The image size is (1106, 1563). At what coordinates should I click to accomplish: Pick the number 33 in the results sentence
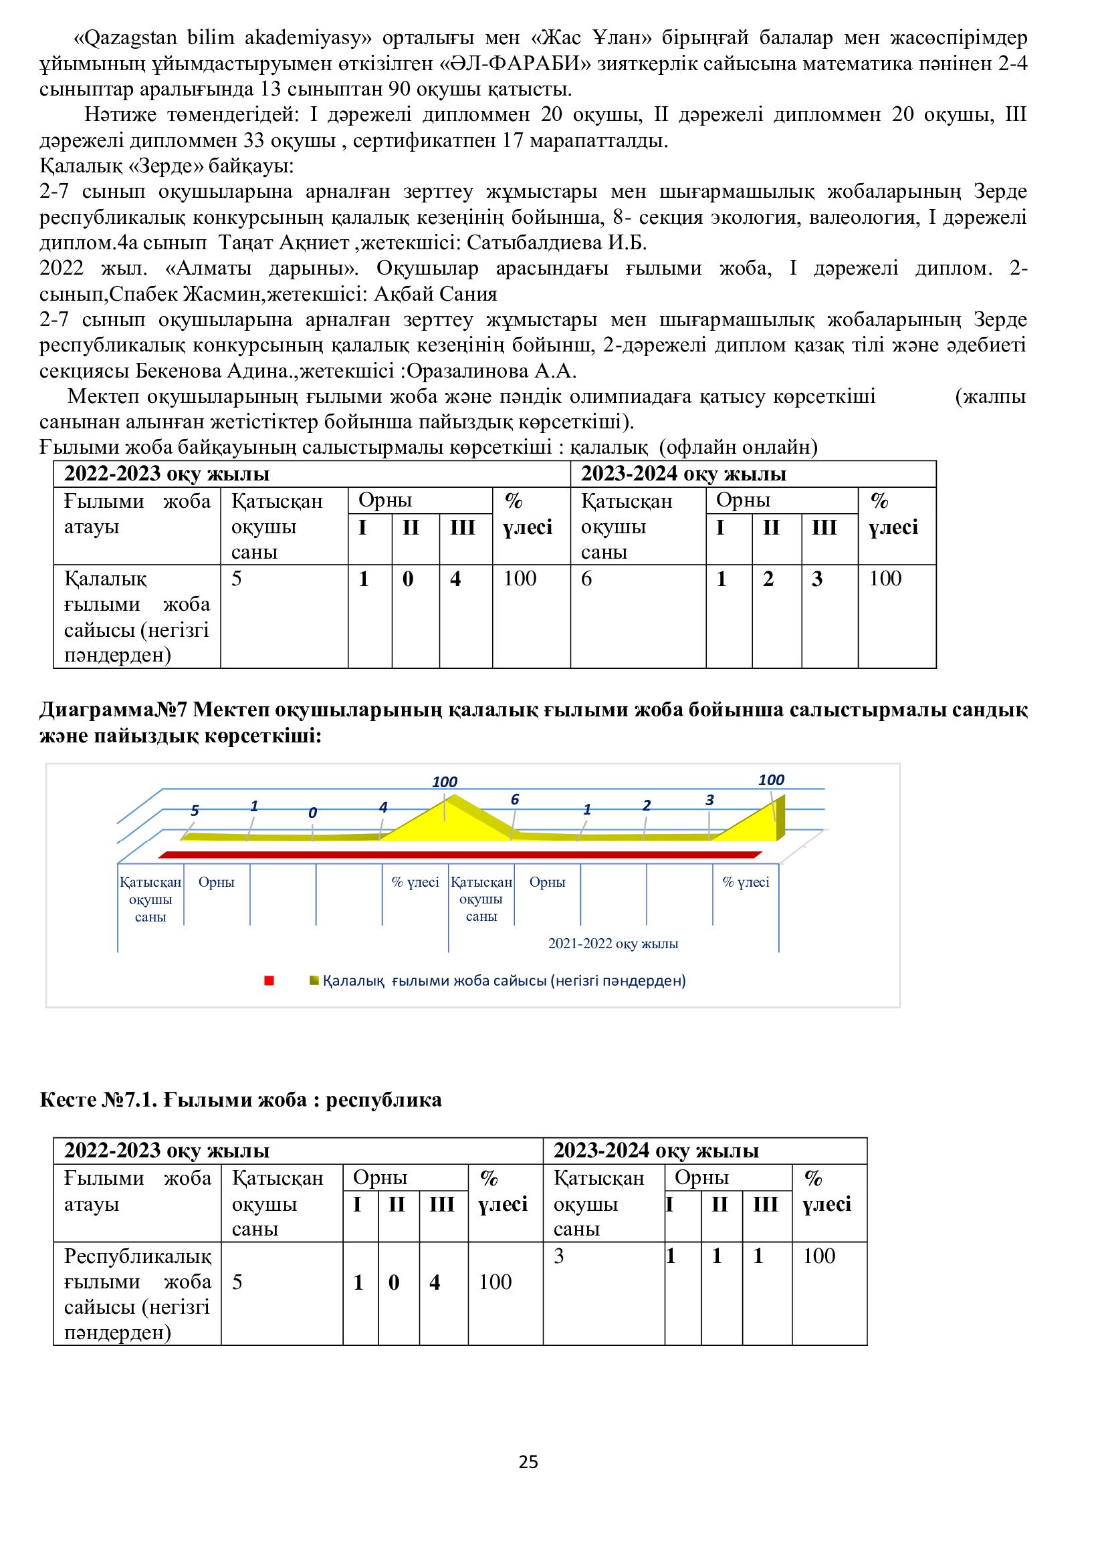tap(256, 141)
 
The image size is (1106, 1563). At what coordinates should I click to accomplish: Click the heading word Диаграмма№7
tap(113, 710)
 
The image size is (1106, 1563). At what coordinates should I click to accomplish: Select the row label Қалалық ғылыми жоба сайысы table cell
tap(137, 617)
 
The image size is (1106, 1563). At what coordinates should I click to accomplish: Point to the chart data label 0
tap(312, 813)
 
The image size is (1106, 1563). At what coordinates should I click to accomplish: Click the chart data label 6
tap(515, 800)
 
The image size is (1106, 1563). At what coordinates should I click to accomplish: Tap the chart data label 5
tap(195, 811)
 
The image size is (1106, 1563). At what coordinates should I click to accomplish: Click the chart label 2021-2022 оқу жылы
tap(613, 944)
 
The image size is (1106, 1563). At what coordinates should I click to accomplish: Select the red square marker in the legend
tap(269, 981)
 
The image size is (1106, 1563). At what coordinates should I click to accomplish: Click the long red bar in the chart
tap(459, 855)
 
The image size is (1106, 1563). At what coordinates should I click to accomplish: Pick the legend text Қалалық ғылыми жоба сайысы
tap(504, 981)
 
